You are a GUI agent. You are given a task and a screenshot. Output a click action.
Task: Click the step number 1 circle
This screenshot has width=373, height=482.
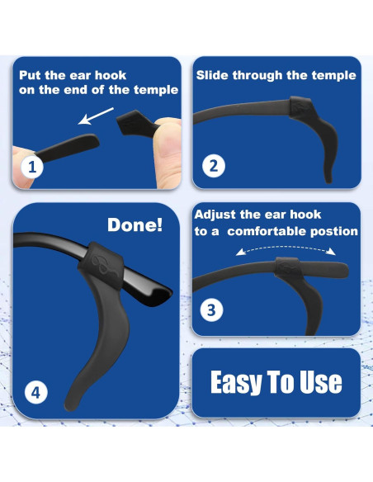(x=32, y=167)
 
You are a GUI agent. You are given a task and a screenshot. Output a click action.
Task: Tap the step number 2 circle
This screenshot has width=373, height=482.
(x=214, y=165)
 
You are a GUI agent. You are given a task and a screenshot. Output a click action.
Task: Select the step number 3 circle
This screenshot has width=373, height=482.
(x=212, y=310)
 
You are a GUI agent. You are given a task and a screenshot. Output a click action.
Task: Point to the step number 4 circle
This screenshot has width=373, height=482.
(x=36, y=393)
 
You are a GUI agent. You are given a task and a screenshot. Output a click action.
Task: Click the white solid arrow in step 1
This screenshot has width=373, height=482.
(x=96, y=116)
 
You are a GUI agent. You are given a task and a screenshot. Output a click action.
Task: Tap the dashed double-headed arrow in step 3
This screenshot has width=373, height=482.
(x=286, y=250)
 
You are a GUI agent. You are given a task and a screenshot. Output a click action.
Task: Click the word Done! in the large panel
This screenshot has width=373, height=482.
(x=135, y=224)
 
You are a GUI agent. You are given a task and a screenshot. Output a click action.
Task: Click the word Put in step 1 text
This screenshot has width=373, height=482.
(x=30, y=75)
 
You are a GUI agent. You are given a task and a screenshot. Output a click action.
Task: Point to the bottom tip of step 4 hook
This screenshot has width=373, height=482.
(x=68, y=406)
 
